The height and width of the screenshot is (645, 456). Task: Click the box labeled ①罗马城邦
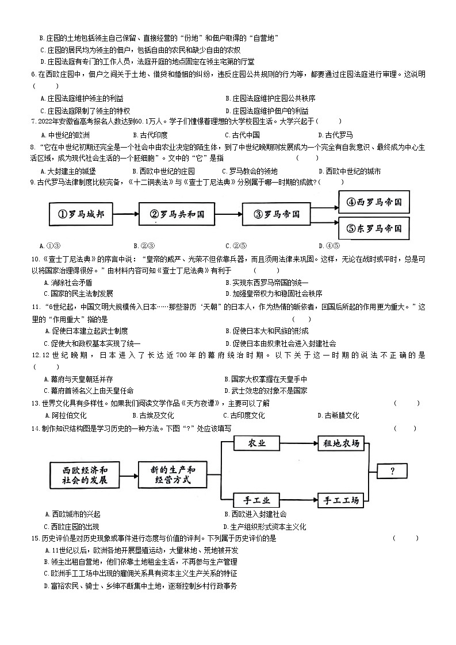pos(81,214)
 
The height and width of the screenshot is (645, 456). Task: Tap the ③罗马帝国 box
pos(276,214)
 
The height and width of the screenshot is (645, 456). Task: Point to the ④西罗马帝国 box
pos(374,202)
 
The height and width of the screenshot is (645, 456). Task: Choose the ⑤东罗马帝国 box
pos(374,227)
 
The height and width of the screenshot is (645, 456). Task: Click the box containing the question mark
pos(392,471)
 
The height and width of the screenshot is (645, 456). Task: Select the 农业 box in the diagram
pos(256,443)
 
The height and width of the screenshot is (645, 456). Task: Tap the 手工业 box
pos(256,500)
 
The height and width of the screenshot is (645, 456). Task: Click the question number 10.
pos(35,259)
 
